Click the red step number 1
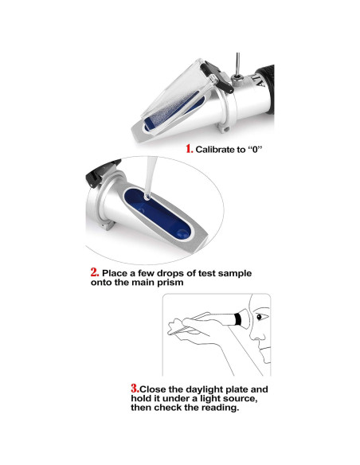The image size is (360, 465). click(x=190, y=149)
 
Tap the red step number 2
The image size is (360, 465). click(x=95, y=272)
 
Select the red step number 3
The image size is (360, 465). click(x=135, y=389)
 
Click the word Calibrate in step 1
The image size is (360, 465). click(x=212, y=150)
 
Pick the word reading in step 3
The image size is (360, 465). click(x=220, y=408)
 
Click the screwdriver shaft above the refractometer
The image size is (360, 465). click(x=238, y=63)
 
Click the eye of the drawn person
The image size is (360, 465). click(x=260, y=317)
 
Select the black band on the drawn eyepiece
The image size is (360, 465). click(x=238, y=319)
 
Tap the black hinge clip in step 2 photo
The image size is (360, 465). click(x=101, y=172)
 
